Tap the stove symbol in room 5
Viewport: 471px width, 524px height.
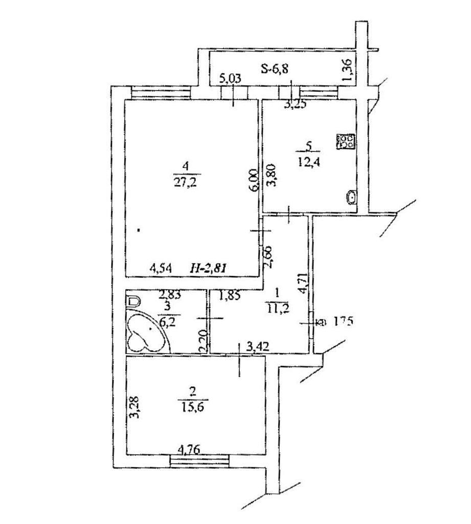(x=346, y=141)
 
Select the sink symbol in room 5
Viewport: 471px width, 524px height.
(x=352, y=196)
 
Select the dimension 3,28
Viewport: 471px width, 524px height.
(x=134, y=406)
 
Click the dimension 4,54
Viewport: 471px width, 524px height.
(x=160, y=267)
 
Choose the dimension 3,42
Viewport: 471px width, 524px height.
(x=257, y=348)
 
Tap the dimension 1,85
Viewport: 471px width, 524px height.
(x=230, y=295)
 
